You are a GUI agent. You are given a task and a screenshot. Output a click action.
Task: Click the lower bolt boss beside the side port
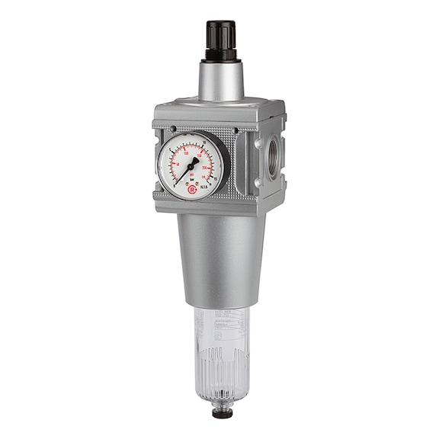(x=258, y=183)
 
